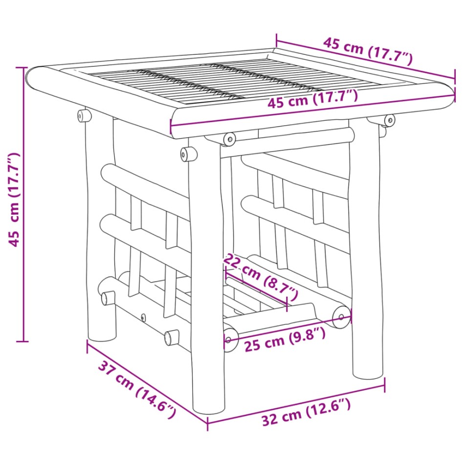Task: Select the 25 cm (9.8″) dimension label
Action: click(285, 339)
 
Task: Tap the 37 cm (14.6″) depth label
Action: click(137, 389)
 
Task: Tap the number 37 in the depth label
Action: click(109, 370)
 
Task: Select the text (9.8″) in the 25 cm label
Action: click(306, 334)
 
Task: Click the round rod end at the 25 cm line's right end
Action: click(340, 316)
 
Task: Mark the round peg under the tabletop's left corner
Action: click(84, 116)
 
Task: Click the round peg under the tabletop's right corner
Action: click(389, 119)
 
